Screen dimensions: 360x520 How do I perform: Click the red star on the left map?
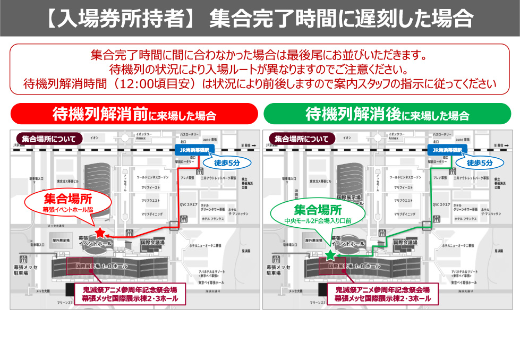100,232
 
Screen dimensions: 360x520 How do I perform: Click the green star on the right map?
330,255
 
